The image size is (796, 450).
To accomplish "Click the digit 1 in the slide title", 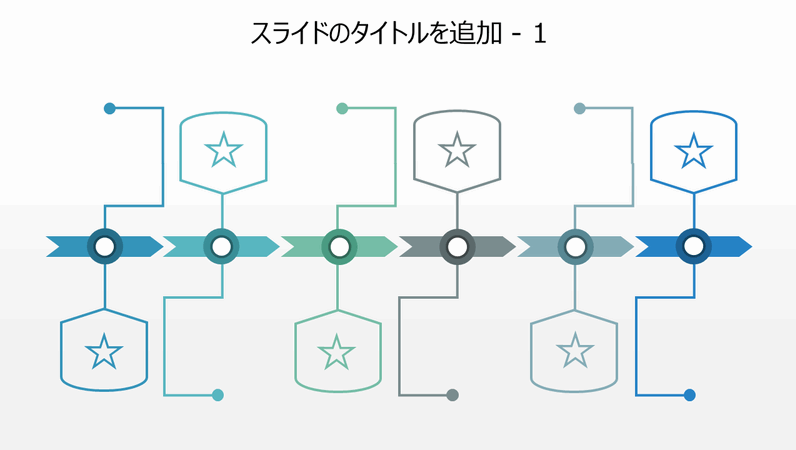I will pyautogui.click(x=540, y=34).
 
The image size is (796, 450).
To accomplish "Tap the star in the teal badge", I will pyautogui.click(x=223, y=151).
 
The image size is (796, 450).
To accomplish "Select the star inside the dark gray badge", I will pyautogui.click(x=457, y=151).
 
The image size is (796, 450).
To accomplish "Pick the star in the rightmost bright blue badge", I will pyautogui.click(x=693, y=151).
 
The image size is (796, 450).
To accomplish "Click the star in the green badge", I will pyautogui.click(x=337, y=352).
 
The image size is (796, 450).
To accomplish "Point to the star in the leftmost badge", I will pyautogui.click(x=104, y=352).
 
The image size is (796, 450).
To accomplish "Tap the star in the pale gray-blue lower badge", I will pyautogui.click(x=574, y=352).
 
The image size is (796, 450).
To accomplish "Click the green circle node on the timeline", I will pyautogui.click(x=340, y=246).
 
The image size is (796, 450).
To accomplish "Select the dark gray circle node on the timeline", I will pyautogui.click(x=457, y=246).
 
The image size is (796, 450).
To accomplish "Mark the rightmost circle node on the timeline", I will pyautogui.click(x=693, y=246).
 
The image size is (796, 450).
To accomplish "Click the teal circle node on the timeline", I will pyautogui.click(x=221, y=246).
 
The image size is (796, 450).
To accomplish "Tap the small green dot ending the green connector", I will pyautogui.click(x=342, y=108).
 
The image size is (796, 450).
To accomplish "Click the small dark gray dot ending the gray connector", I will pyautogui.click(x=452, y=395).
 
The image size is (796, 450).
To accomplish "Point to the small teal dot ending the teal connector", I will pyautogui.click(x=218, y=395).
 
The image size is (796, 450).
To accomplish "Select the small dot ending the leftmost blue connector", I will pyautogui.click(x=110, y=108).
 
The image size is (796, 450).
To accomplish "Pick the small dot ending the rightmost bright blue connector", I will pyautogui.click(x=689, y=395).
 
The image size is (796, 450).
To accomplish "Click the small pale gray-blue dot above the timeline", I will pyautogui.click(x=579, y=108).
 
